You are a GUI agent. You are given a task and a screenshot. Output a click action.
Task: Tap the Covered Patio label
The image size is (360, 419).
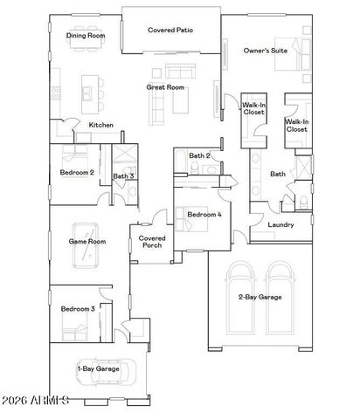click(170, 30)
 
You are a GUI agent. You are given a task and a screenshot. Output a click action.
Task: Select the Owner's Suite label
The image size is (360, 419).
click(266, 51)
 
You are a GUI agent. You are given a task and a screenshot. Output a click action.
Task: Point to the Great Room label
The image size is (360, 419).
click(164, 87)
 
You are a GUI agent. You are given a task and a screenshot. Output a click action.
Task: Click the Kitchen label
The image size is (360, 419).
click(101, 126)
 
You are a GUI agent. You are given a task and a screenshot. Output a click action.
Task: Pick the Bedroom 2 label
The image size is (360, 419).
click(77, 172)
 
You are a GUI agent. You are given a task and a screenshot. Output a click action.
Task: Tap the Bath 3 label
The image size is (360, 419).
click(123, 176)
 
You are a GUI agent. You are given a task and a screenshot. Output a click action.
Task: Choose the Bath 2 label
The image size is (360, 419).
click(200, 156)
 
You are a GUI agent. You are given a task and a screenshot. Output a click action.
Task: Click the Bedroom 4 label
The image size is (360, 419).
click(204, 214)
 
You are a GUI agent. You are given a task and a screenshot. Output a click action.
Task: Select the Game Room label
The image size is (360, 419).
click(87, 241)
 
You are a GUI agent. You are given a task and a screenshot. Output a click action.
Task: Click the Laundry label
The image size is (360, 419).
click(280, 224)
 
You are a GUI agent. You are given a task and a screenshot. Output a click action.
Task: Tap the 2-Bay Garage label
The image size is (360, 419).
click(260, 298)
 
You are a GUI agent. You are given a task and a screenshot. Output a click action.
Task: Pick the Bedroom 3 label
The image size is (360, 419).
click(77, 309)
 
